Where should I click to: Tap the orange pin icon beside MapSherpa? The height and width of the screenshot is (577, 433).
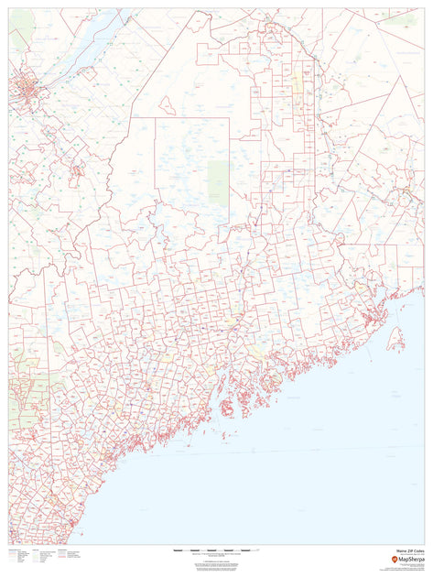point(394,560)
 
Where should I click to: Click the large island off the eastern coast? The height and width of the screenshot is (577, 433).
point(395,342)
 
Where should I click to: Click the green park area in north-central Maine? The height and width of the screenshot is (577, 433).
point(217,180)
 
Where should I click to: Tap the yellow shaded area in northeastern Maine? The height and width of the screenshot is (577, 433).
point(298,88)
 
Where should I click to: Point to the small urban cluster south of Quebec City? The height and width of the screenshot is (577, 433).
point(73,169)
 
